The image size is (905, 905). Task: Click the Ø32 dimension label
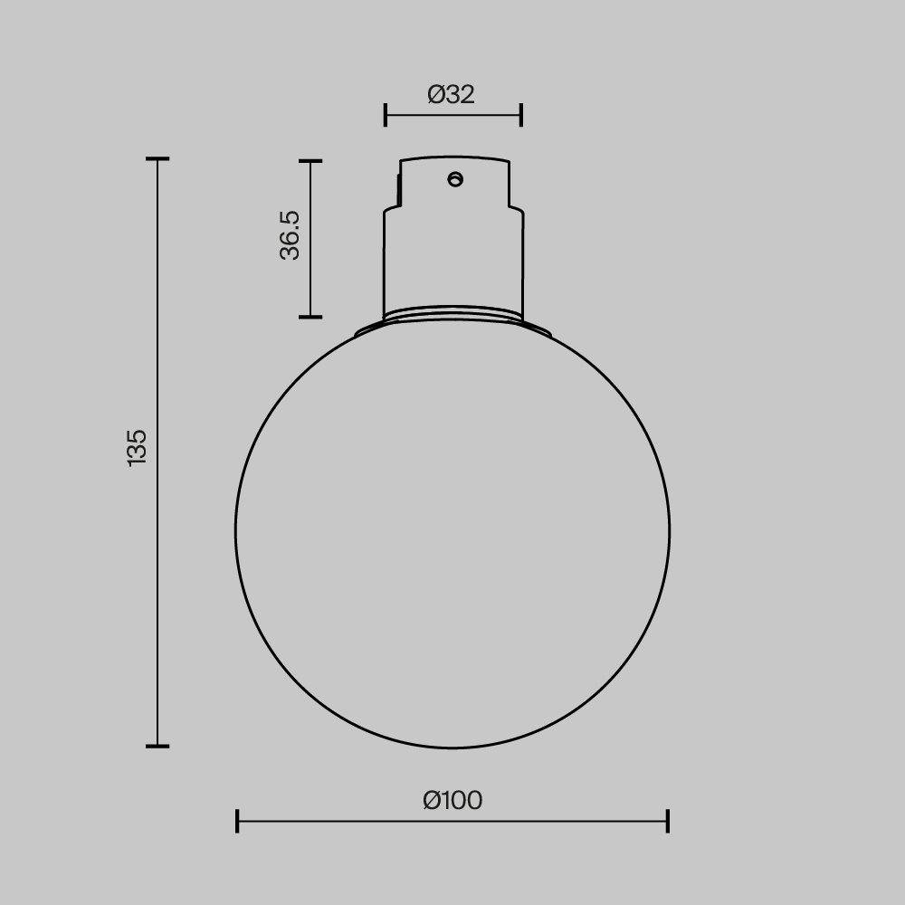point(451,93)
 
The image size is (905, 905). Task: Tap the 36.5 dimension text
point(290,235)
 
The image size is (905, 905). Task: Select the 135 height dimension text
point(137,448)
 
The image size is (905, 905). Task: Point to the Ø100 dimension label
point(452,800)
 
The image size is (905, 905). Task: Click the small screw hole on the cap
point(455,179)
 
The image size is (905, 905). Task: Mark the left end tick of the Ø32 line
point(386,115)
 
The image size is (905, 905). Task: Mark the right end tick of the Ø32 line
point(521,115)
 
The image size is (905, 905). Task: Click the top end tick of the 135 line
point(157,159)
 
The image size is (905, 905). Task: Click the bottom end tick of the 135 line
point(157,746)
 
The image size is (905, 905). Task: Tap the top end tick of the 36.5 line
point(310,161)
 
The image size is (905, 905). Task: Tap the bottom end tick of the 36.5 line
point(310,317)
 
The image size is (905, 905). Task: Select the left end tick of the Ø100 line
point(237,821)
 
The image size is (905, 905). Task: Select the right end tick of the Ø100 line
point(667,821)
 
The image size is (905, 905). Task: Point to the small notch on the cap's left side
point(397,188)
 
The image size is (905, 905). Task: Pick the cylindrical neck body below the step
point(452,262)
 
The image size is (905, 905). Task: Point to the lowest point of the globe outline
point(452,748)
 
